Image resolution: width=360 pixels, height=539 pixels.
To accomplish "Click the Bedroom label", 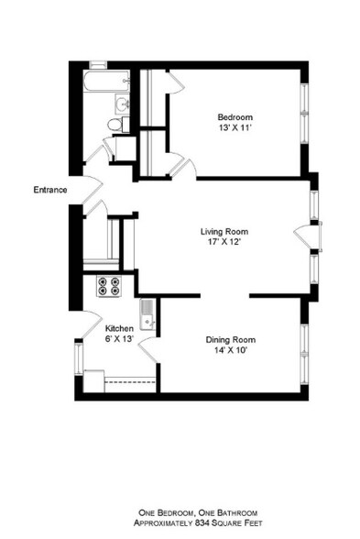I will pyautogui.click(x=235, y=116).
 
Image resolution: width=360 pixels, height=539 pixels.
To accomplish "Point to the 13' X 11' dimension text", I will pyautogui.click(x=235, y=129).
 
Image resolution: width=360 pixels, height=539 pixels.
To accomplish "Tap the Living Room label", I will pyautogui.click(x=224, y=231).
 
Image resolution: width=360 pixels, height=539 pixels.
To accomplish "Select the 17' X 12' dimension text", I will pyautogui.click(x=224, y=244).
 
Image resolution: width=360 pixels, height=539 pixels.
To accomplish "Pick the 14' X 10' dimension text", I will pyautogui.click(x=230, y=350).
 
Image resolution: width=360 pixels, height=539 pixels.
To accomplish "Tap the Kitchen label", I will pyautogui.click(x=120, y=328).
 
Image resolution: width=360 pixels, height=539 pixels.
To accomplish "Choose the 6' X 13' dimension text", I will pyautogui.click(x=120, y=339).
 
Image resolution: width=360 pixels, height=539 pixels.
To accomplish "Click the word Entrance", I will pyautogui.click(x=50, y=190).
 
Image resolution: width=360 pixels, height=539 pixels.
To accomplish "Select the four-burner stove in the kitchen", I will pyautogui.click(x=109, y=287).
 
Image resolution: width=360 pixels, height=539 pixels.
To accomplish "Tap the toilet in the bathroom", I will pyautogui.click(x=116, y=124).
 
